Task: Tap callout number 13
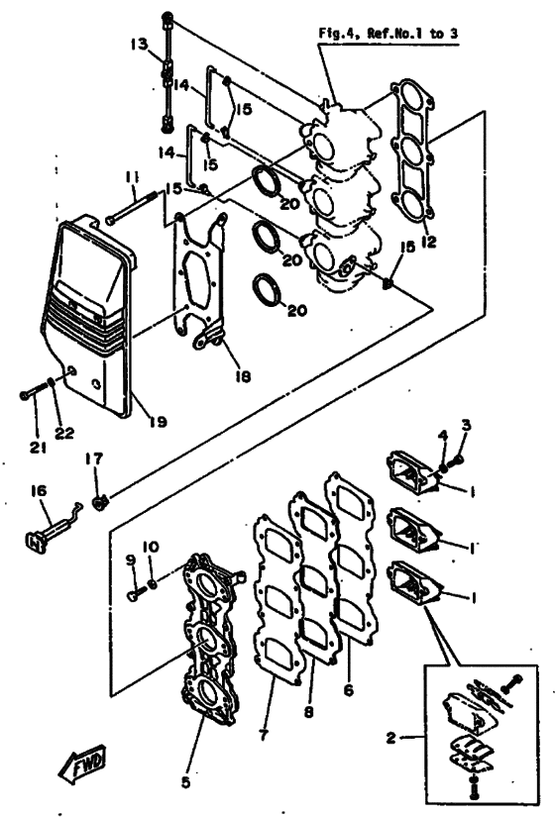coord(137,45)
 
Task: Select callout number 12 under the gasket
coord(427,240)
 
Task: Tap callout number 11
coord(131,179)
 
